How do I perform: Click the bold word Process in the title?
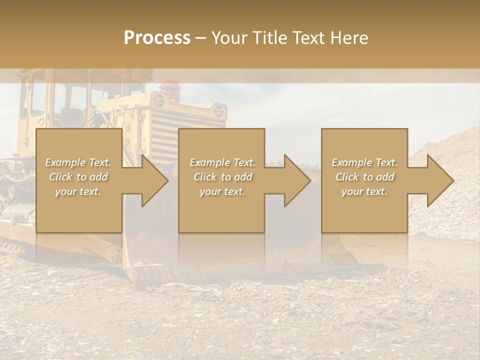(157, 37)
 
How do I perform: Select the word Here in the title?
(348, 37)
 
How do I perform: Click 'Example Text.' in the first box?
(78, 162)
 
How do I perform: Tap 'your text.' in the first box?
(78, 191)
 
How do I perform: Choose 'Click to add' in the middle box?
(222, 177)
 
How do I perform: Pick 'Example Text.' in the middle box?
(222, 162)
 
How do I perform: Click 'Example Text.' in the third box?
(364, 162)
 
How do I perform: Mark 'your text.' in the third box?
(364, 191)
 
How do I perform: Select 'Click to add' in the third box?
(364, 177)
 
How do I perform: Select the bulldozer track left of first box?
(15, 185)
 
